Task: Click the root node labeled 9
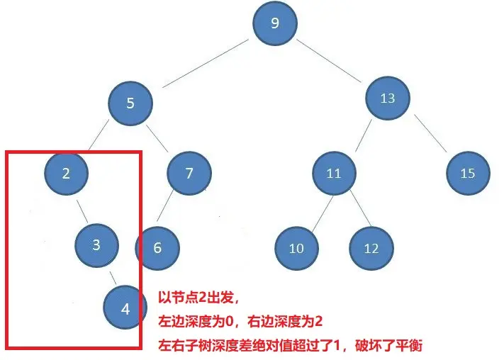click(x=275, y=23)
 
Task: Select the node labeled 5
click(x=130, y=103)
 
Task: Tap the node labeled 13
click(x=387, y=99)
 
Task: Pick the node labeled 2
click(x=66, y=173)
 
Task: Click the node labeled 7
click(x=189, y=173)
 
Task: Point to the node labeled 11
click(x=334, y=173)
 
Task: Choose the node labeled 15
click(x=467, y=173)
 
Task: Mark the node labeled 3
click(x=97, y=245)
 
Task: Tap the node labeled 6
click(x=157, y=247)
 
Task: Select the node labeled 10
click(x=296, y=248)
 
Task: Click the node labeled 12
click(x=371, y=248)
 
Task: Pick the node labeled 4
click(x=125, y=308)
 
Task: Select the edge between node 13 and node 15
click(x=430, y=133)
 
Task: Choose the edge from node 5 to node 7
click(x=161, y=139)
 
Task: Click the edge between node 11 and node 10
click(x=315, y=212)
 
